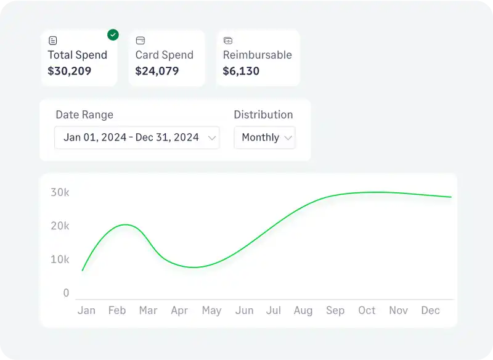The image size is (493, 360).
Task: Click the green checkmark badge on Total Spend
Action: [113, 35]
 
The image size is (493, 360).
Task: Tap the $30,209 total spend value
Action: [70, 71]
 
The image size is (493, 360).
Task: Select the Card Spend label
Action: [164, 55]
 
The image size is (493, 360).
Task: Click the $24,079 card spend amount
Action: [157, 71]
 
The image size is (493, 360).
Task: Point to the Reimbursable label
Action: [257, 55]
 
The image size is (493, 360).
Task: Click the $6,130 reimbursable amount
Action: [241, 71]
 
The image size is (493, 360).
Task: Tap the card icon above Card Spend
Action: [141, 41]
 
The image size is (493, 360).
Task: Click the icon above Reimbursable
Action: [228, 41]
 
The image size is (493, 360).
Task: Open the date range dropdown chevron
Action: [212, 137]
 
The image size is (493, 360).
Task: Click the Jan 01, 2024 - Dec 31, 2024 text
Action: [131, 137]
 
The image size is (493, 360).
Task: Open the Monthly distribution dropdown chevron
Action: [287, 137]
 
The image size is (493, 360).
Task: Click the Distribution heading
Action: [263, 115]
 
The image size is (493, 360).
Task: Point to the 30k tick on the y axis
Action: [60, 192]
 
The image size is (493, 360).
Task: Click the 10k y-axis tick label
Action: [60, 260]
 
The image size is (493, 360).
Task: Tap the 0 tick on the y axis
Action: [66, 293]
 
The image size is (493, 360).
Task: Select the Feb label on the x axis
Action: [117, 311]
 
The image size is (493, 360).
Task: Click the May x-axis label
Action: [211, 311]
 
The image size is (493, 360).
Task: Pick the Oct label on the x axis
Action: [367, 311]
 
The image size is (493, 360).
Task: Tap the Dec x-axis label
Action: [430, 311]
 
